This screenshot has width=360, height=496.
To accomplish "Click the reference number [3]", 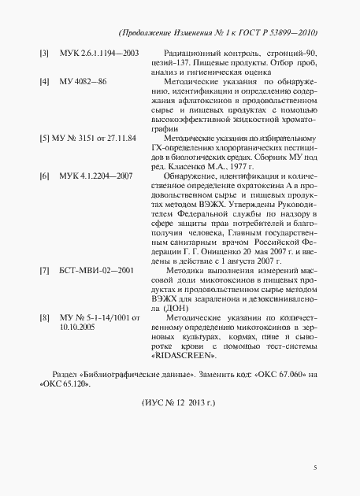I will [45, 53].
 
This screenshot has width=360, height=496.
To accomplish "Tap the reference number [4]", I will [45, 81].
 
